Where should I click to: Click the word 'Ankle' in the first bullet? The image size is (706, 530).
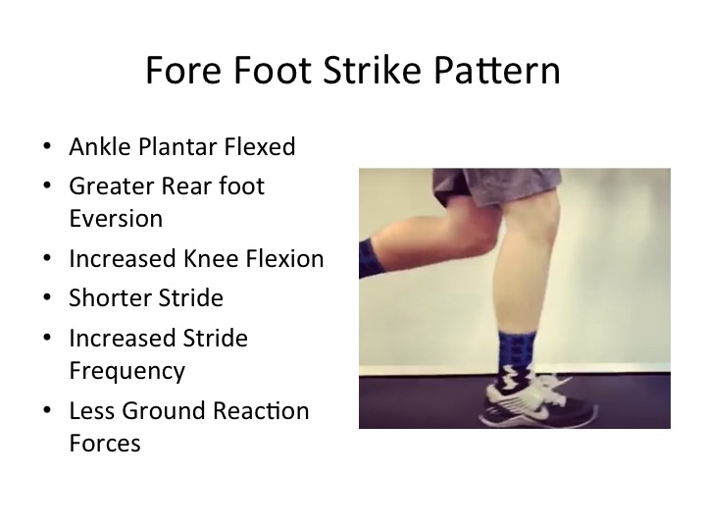tap(97, 147)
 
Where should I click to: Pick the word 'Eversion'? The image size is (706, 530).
tap(115, 218)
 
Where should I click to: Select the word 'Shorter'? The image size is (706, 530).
tap(110, 297)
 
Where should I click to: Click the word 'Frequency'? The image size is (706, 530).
tap(126, 371)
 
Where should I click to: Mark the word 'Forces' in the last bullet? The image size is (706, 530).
tap(104, 443)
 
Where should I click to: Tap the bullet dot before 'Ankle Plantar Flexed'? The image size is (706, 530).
tap(48, 148)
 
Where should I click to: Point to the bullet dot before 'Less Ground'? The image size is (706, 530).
tap(48, 411)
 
